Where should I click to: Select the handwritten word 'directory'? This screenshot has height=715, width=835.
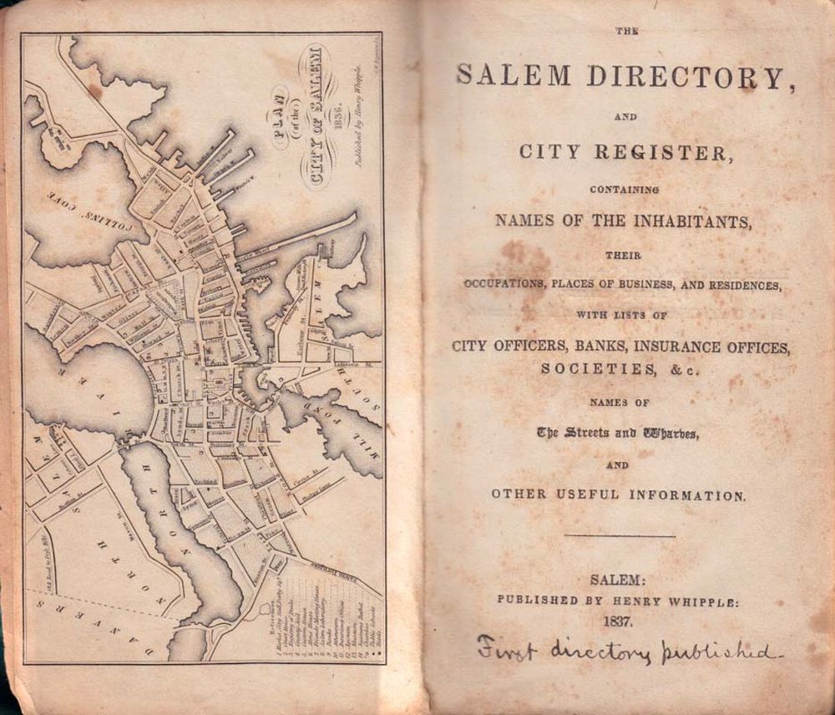pyautogui.click(x=606, y=652)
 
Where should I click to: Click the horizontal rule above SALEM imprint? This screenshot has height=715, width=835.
pyautogui.click(x=620, y=536)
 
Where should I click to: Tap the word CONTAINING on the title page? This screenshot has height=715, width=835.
pyautogui.click(x=623, y=190)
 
